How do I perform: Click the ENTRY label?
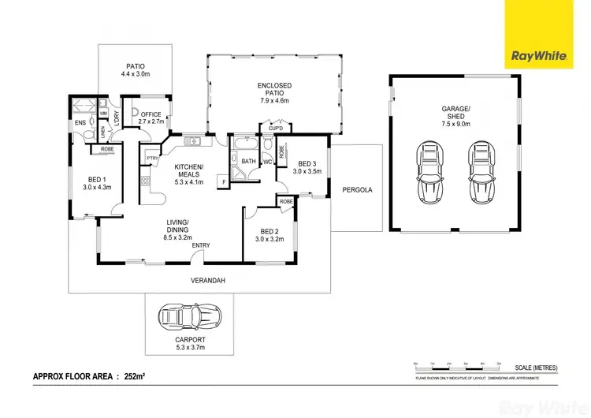point(200,245)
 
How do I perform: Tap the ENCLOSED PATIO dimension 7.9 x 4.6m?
point(274,100)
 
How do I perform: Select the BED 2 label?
point(269,231)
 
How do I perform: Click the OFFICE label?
point(151,114)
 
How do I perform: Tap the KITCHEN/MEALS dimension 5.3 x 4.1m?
point(189,181)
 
